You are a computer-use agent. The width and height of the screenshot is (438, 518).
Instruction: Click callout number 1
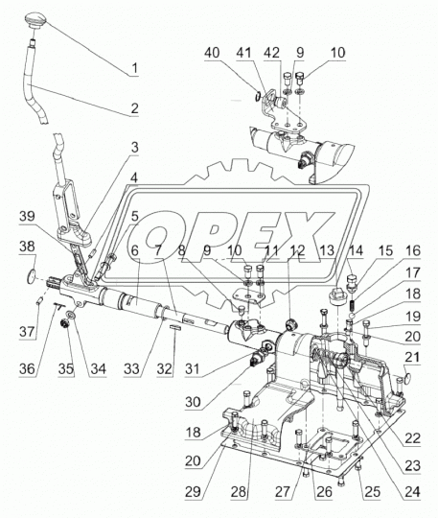coord(135,69)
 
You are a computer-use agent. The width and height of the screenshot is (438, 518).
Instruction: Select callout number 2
coord(134,108)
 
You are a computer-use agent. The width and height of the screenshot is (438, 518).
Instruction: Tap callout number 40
coord(212,53)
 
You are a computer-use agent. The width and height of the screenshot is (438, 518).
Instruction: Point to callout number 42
coord(271,53)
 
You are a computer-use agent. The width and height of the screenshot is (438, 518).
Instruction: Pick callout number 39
coord(27,217)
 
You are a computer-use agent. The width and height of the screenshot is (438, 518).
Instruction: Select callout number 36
coord(27,369)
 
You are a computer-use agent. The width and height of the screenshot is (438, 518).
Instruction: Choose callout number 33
coord(131,369)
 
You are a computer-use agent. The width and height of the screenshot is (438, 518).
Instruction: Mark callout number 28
coord(239,491)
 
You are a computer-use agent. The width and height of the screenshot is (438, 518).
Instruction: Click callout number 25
coord(372,491)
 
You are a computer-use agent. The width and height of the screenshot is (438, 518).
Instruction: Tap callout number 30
coord(193,402)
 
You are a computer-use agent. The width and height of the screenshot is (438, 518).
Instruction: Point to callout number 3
coord(135,148)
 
